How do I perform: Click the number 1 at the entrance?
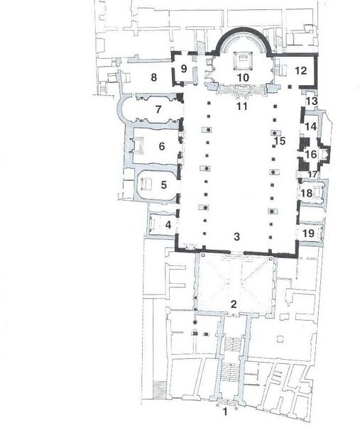[x=225, y=411]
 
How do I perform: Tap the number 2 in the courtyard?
[x=232, y=304]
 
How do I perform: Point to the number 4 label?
[x=168, y=225]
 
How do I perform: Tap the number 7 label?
[x=159, y=110]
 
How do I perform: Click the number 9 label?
[x=183, y=69]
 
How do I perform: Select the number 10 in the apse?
[x=242, y=77]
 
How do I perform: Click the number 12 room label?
[x=300, y=70]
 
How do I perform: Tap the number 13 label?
[x=311, y=103]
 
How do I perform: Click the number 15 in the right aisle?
[x=280, y=141]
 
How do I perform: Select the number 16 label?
[x=310, y=154]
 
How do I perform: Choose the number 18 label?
[x=307, y=193]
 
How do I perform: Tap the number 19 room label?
[x=308, y=233]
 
